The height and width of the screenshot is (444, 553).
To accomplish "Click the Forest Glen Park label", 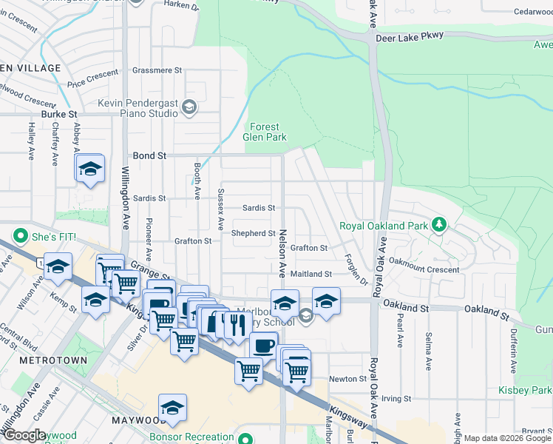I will pos(265,132).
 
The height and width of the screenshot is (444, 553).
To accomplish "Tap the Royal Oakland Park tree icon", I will pos(439,223).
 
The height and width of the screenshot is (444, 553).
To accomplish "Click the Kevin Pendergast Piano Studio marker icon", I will pos(189,108).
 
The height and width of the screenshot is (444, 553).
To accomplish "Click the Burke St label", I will pos(59,114).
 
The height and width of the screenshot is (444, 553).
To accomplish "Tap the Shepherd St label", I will pos(253,233).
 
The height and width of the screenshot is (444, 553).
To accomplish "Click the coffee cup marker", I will pos(263,345).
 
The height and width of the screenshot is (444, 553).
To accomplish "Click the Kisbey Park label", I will pos(535,390).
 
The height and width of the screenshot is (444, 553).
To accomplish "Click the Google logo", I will pos(24,435).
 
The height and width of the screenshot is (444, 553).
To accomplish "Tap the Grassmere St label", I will pos(157,70).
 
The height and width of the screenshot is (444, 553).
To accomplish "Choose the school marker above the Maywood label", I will pos(172,407).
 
